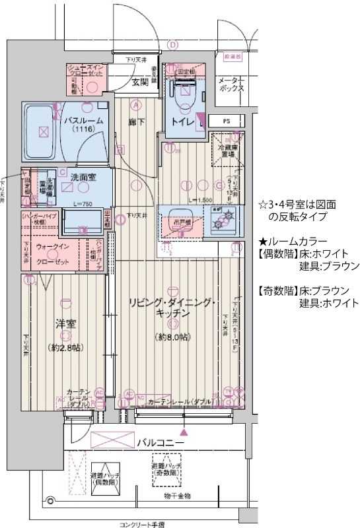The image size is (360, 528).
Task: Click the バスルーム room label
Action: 82,121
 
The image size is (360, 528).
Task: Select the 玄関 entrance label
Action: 139,82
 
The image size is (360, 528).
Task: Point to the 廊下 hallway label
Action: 137,121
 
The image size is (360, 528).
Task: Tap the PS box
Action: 226,121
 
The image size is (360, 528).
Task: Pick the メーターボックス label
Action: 232,83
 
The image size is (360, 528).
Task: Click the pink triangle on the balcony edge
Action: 184,432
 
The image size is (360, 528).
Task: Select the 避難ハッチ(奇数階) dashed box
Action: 166,469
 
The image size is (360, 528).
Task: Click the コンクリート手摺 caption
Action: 142,524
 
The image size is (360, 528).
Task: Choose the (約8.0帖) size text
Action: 174,337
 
